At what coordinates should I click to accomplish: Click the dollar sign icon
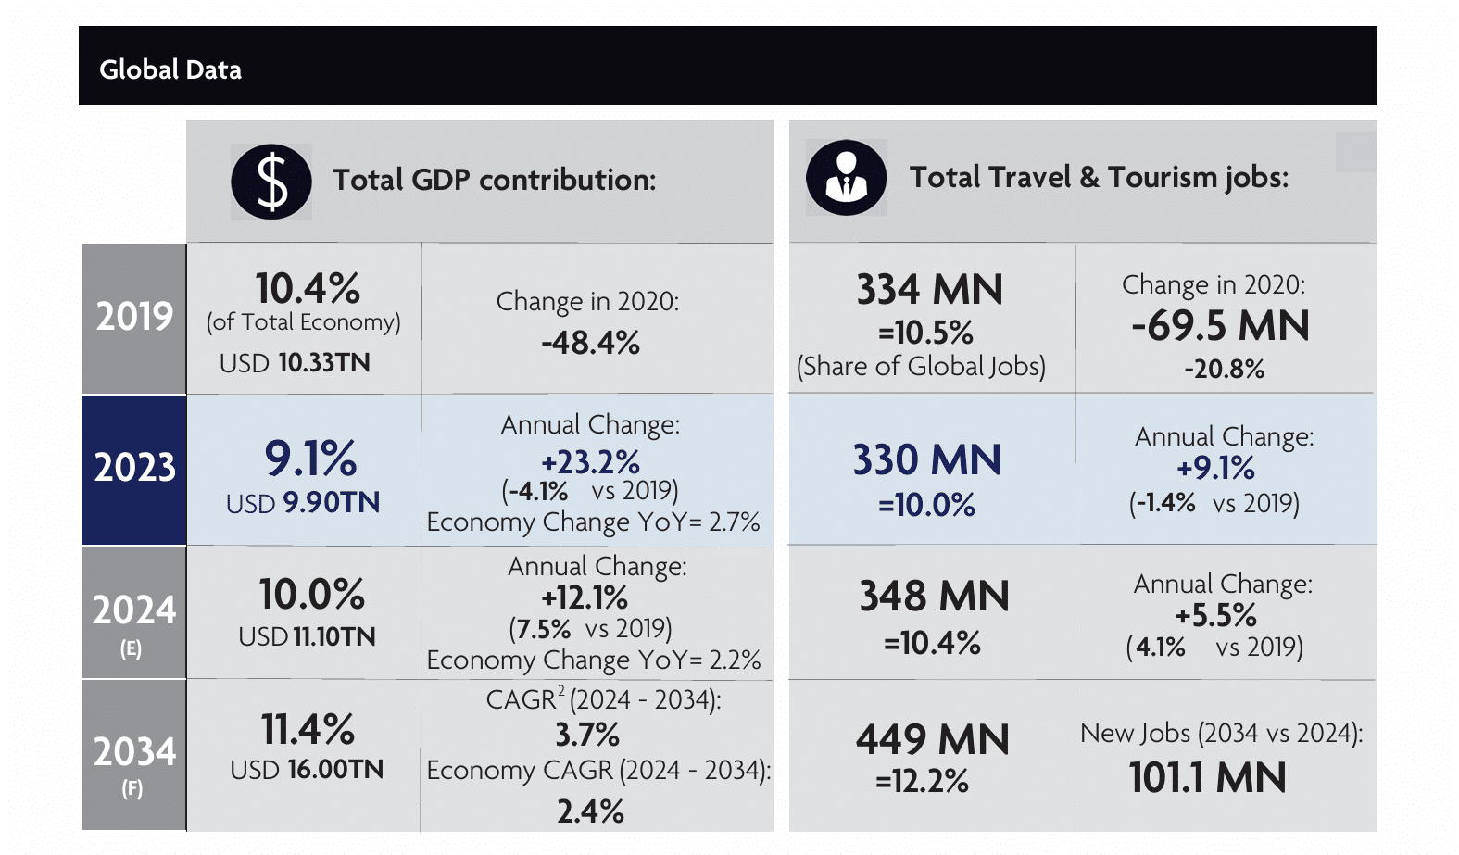(271, 182)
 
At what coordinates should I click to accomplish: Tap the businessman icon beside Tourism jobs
(846, 178)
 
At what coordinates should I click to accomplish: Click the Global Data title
(170, 69)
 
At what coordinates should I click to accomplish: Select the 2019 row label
(134, 317)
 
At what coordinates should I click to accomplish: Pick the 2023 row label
(134, 468)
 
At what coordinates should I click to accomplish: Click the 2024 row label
(134, 610)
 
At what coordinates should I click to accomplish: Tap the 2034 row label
(134, 751)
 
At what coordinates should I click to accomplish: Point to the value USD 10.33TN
(295, 362)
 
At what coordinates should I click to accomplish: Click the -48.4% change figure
(590, 344)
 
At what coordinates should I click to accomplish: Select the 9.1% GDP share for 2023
(310, 459)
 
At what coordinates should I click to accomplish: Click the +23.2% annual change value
(590, 461)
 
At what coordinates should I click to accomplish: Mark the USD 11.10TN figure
(307, 636)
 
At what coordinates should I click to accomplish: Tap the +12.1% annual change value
(585, 597)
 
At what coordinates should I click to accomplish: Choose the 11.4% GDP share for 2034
(308, 729)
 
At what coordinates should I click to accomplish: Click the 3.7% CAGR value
(587, 735)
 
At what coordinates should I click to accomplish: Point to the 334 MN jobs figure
(929, 289)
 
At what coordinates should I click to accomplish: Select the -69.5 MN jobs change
(1220, 326)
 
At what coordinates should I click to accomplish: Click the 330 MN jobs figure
(927, 459)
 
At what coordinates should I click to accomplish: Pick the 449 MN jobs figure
(932, 739)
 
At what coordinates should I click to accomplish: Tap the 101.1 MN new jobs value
(1207, 777)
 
